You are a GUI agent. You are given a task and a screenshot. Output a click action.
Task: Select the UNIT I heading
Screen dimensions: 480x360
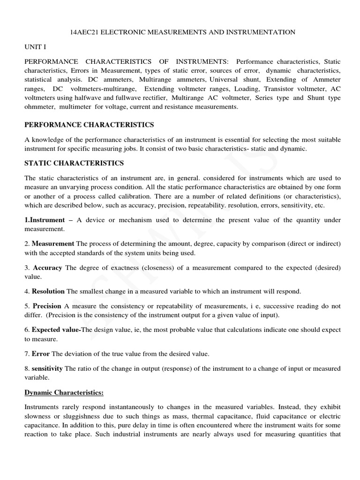pos(35,47)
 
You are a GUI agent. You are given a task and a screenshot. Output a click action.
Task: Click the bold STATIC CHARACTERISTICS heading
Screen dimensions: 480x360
pos(74,163)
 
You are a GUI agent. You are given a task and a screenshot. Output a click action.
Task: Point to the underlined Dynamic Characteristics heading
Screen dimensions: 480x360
pos(64,392)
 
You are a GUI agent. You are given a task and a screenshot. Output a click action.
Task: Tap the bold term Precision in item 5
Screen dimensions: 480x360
pos(46,306)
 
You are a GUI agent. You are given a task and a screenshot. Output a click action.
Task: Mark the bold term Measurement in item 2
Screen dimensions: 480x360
pos(53,244)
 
